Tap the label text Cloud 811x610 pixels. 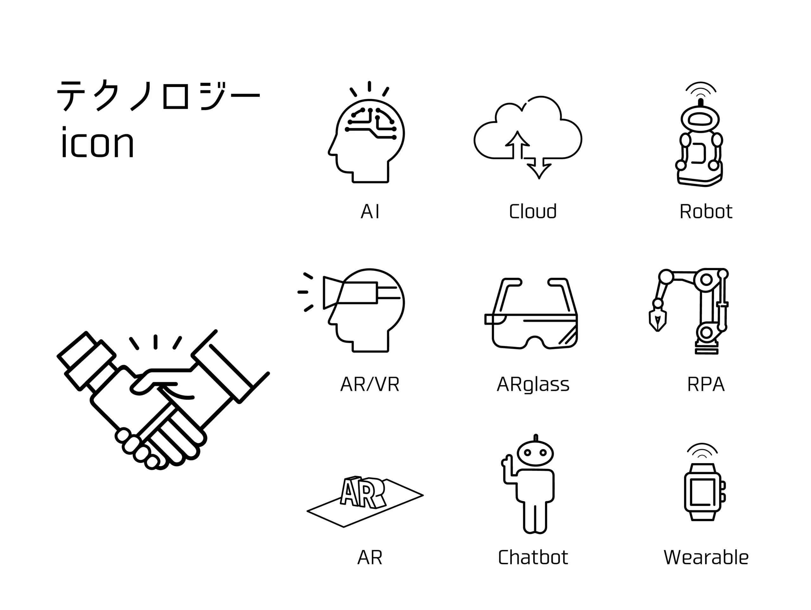pyautogui.click(x=533, y=211)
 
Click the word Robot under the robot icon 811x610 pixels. pyautogui.click(x=706, y=211)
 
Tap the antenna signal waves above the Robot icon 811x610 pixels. pyautogui.click(x=701, y=88)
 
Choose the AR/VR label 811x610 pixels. pyautogui.click(x=370, y=384)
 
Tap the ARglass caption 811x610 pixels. pyautogui.click(x=533, y=385)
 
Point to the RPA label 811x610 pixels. pyautogui.click(x=706, y=384)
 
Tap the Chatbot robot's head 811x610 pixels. pyautogui.click(x=535, y=453)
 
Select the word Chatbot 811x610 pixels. pyautogui.click(x=533, y=557)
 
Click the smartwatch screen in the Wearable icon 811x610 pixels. pyautogui.click(x=702, y=492)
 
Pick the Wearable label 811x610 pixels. pyautogui.click(x=706, y=557)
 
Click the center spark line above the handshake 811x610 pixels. pyautogui.click(x=156, y=342)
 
